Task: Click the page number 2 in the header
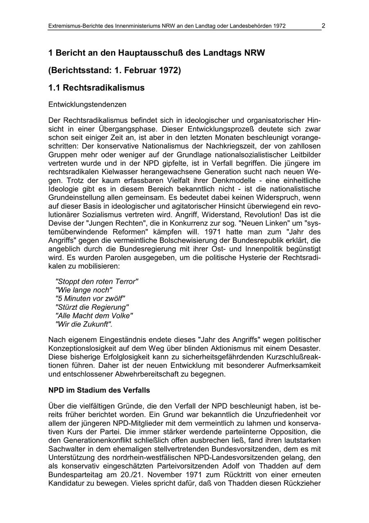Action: [323, 25]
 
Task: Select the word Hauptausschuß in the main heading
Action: [151, 53]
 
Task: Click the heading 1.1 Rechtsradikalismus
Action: [96, 88]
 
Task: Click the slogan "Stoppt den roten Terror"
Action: [97, 281]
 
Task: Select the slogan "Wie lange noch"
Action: [84, 290]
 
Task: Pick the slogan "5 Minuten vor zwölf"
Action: [90, 298]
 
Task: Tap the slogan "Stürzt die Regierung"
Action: [92, 307]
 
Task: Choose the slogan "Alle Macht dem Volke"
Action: [94, 316]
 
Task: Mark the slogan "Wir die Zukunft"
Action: [84, 324]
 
